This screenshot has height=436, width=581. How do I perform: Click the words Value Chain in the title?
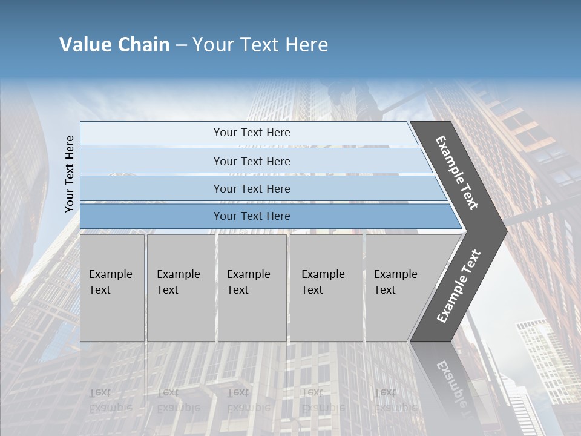[x=114, y=45]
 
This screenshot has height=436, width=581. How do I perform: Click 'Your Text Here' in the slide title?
[x=260, y=45]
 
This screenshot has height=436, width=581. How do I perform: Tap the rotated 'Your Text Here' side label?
[x=70, y=174]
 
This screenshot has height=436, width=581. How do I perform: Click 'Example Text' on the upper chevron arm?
[x=457, y=173]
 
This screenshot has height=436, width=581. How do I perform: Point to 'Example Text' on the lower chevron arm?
[x=459, y=286]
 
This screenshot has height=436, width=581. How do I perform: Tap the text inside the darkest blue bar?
[x=252, y=216]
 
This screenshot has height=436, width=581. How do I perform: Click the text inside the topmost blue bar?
[x=252, y=133]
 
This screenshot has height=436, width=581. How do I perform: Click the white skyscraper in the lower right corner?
[x=542, y=357]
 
